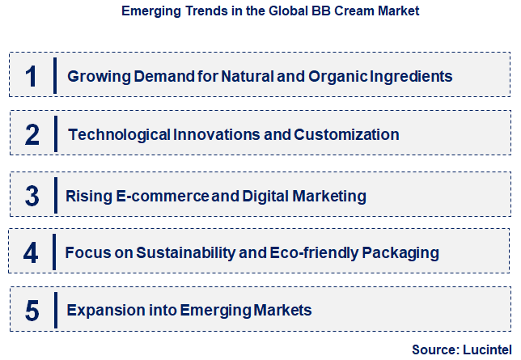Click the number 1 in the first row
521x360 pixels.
(x=32, y=77)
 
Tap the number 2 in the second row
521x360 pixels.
(x=32, y=134)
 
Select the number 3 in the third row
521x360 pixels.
(x=32, y=196)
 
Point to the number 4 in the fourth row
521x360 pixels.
(x=31, y=253)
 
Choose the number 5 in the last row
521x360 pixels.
(x=32, y=310)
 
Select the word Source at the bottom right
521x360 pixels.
(x=434, y=349)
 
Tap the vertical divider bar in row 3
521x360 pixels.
(x=54, y=196)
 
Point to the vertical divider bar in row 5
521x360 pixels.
(x=54, y=310)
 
